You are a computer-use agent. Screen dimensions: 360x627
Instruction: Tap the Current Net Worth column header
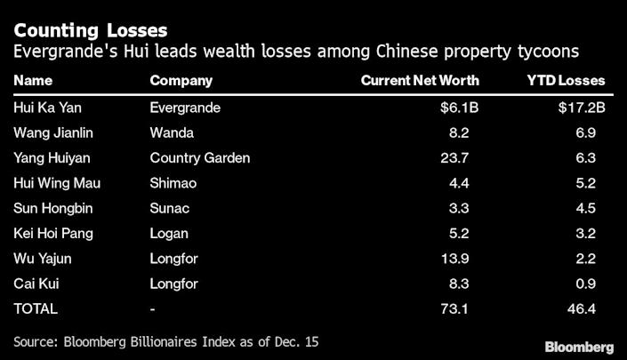pyautogui.click(x=420, y=81)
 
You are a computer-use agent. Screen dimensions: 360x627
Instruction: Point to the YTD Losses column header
pyautogui.click(x=566, y=81)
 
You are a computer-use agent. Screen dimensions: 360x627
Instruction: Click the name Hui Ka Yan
pyautogui.click(x=45, y=108)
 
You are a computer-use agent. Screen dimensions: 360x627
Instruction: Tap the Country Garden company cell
pyautogui.click(x=200, y=158)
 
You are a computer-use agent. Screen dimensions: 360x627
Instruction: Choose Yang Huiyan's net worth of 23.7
pyautogui.click(x=466, y=158)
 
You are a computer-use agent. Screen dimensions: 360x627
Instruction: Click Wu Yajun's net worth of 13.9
pyautogui.click(x=466, y=259)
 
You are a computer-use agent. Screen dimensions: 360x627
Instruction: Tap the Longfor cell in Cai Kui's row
pyautogui.click(x=173, y=284)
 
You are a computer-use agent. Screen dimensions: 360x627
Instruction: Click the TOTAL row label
pyautogui.click(x=36, y=309)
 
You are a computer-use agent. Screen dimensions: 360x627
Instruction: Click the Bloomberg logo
pyautogui.click(x=578, y=345)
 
